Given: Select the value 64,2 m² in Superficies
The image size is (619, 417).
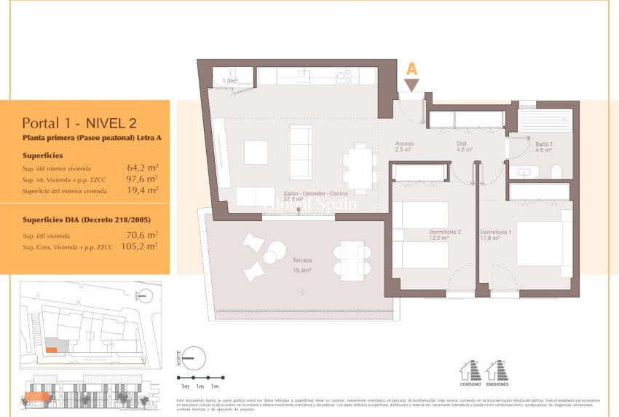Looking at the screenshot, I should pos(143,167).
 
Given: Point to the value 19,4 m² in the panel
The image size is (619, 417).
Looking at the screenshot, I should pos(143,190).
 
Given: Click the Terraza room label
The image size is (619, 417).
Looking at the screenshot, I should pos(302,260).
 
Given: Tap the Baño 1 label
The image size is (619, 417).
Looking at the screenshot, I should pos(544,144).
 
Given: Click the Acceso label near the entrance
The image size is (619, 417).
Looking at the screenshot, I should pos(404,144).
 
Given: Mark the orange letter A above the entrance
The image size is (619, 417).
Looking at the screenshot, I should pos(411,69).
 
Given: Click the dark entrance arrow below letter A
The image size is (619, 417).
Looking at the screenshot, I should pos(411,85).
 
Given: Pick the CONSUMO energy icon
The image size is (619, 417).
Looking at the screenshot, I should pos(470,371).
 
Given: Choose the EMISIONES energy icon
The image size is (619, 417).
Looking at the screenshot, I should pos(497,371).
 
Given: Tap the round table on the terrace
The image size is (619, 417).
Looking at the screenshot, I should pos(269,257).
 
